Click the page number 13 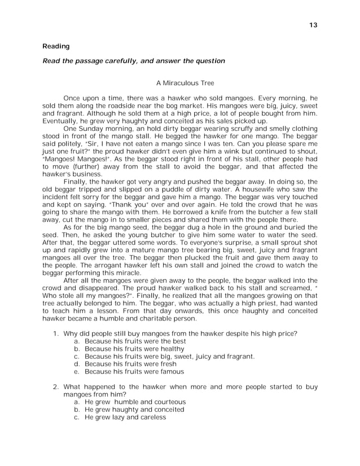tap(314, 25)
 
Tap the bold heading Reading tap(56, 46)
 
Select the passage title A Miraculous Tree tap(180, 83)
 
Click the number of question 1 tap(56, 333)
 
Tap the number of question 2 tap(56, 387)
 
